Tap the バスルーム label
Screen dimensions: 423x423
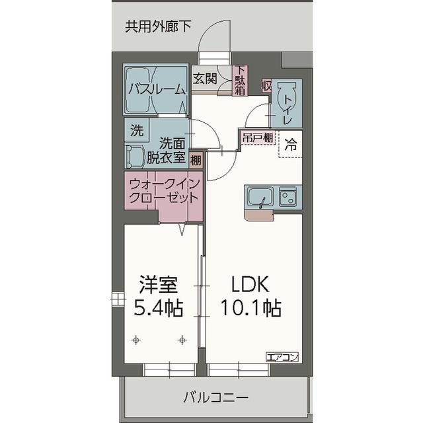click(x=157, y=89)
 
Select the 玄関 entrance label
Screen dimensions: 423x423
click(x=205, y=78)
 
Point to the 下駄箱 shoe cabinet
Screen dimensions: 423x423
click(x=241, y=81)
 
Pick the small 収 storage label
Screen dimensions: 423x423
click(x=266, y=85)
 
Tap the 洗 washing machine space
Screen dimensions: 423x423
click(x=136, y=130)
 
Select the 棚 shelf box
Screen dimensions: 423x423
click(x=196, y=159)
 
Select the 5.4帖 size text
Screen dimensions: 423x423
click(x=159, y=307)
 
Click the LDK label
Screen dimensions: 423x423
click(x=249, y=285)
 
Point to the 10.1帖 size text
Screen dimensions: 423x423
click(x=251, y=307)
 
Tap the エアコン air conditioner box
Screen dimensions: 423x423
click(x=282, y=357)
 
